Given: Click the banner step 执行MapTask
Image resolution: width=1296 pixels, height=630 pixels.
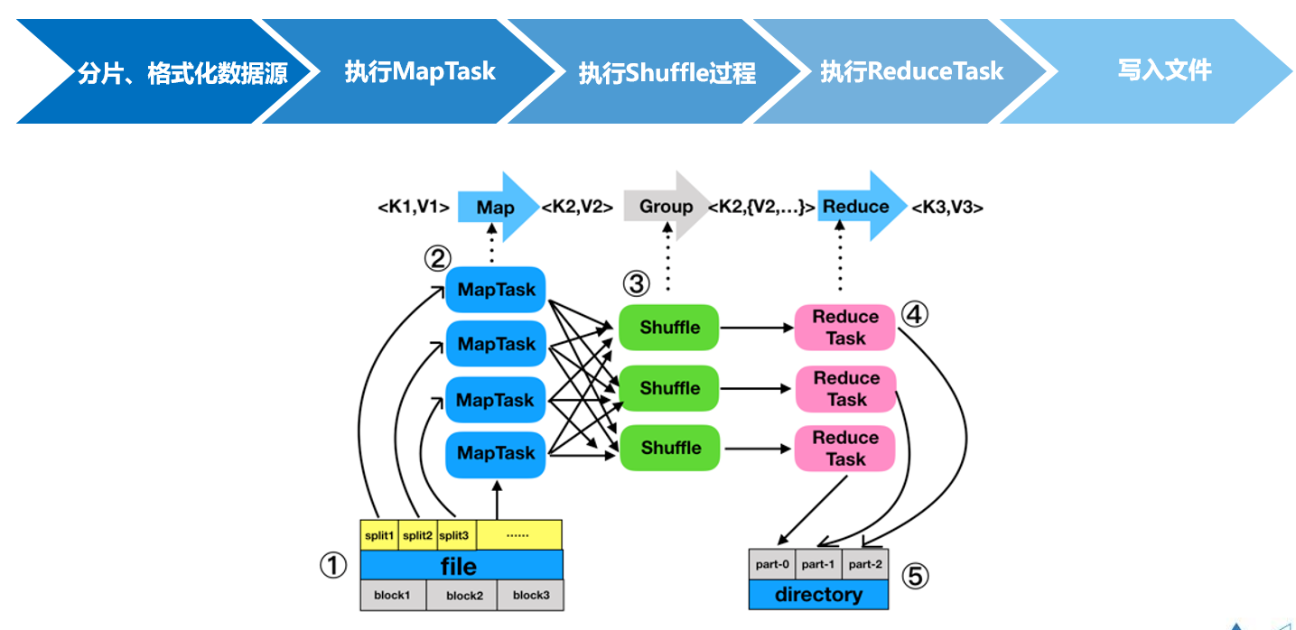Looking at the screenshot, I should pos(420,71).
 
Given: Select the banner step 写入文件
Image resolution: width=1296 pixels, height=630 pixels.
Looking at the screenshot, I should pos(1164,70).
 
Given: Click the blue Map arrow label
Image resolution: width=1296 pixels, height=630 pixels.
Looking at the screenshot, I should pos(496,208).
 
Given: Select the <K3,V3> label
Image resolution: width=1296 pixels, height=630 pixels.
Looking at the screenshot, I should pos(946,208).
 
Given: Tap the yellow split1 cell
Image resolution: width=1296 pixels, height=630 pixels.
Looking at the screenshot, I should pos(379,535).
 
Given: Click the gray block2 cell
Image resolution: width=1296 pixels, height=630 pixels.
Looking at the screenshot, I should pos(464,596).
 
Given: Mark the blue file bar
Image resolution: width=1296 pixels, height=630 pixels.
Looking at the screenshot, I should pos(461,566).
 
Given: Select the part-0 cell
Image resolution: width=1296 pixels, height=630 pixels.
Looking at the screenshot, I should pos(772,564).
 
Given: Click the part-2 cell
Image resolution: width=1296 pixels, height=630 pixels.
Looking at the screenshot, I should pos(865,564).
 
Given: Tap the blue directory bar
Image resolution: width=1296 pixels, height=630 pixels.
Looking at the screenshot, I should pos(818,595).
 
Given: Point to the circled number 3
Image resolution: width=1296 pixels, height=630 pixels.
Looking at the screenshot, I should pos(636,284).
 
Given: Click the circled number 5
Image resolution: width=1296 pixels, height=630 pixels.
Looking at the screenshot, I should pos(915,576).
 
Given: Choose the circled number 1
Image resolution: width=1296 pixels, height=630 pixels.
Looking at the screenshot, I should pos(333,566).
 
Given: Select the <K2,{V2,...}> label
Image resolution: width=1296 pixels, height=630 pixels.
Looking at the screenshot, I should pos(761,208).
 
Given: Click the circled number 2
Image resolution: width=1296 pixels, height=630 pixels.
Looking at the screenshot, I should pos(437,259).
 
